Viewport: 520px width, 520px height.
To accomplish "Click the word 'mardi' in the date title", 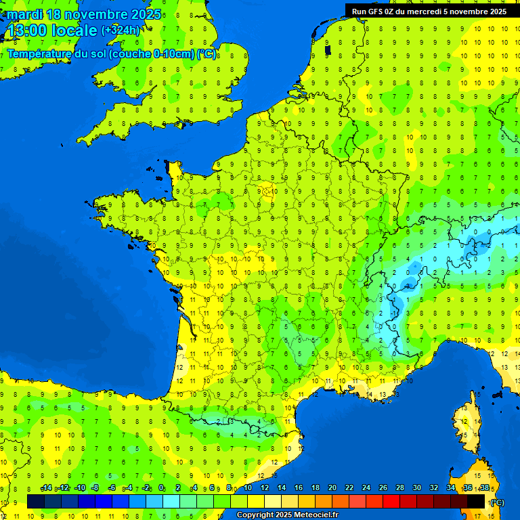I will [24, 14].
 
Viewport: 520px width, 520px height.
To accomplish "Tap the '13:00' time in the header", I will [26, 30].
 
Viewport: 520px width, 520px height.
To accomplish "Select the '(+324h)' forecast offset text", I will [121, 30].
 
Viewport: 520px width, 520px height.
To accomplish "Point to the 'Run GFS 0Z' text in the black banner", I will [374, 11].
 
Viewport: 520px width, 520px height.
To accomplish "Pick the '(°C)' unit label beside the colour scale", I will [496, 502].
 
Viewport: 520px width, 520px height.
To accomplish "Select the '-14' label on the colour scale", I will [46, 488].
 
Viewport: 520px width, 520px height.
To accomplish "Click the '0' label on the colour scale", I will [161, 488].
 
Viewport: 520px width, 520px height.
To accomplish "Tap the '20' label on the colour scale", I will [332, 488].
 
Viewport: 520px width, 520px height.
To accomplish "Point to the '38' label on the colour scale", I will [484, 488].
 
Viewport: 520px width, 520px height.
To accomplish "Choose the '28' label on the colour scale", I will [399, 488].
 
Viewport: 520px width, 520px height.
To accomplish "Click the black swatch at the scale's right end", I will [476, 501].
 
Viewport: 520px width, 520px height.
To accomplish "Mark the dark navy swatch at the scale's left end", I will [36, 501].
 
